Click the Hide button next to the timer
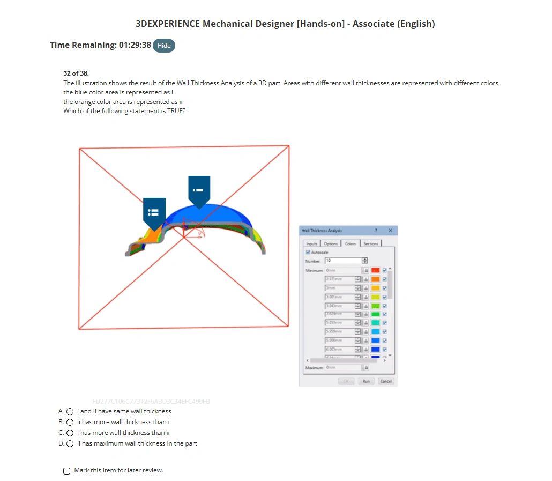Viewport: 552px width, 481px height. pos(164,46)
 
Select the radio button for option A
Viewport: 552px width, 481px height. pos(70,411)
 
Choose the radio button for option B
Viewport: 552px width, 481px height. pos(70,422)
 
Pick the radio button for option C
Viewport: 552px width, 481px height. pos(70,433)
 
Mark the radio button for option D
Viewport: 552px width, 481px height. pos(70,443)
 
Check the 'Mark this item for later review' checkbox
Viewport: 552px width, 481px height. pos(66,471)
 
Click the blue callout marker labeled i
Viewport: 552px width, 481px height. pos(199,190)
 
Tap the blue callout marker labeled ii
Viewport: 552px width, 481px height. pos(154,212)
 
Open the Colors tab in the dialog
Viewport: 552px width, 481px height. pos(350,243)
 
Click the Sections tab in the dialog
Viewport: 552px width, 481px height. pos(371,243)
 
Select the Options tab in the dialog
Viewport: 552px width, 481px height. pos(331,243)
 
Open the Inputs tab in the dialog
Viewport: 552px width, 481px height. pos(312,243)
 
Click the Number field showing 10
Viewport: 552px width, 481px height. pos(343,261)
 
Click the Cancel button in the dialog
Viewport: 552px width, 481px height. pos(385,381)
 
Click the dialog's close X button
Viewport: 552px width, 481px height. pos(390,231)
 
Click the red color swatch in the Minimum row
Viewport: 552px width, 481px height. pos(375,270)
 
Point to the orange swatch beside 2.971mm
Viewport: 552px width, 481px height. pos(375,279)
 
